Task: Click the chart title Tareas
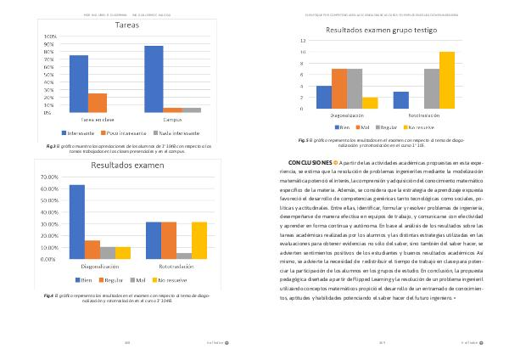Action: click(127, 26)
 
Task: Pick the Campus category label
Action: click(172, 119)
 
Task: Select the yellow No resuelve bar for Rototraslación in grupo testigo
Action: click(446, 80)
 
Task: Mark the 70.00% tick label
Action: click(48, 177)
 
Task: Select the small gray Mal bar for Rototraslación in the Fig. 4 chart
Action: click(184, 256)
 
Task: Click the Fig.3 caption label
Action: click(50, 146)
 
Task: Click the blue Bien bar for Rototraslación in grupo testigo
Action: click(401, 99)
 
